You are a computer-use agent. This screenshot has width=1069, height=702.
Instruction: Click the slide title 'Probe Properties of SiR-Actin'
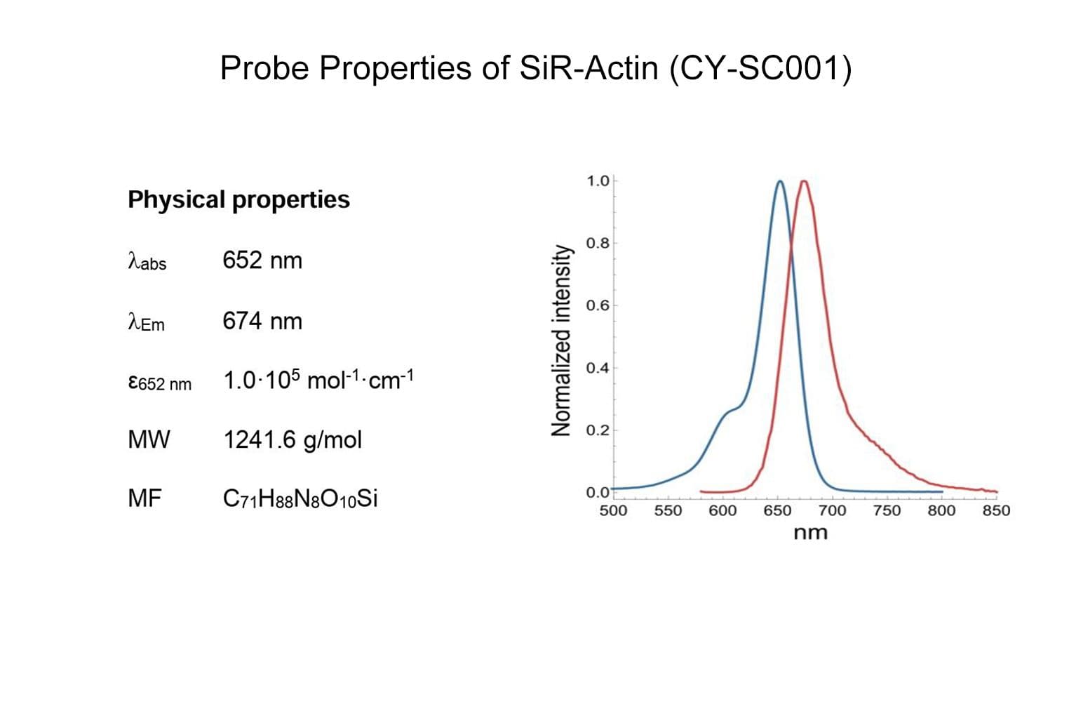pyautogui.click(x=536, y=69)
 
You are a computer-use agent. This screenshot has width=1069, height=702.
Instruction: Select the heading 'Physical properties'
pyautogui.click(x=238, y=199)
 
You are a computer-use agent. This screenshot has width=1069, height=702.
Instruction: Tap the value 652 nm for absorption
pyautogui.click(x=262, y=260)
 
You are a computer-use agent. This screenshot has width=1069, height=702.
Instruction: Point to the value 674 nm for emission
pyautogui.click(x=262, y=321)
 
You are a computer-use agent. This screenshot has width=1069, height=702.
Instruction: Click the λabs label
pyautogui.click(x=147, y=262)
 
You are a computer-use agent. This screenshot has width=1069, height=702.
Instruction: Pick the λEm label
pyautogui.click(x=147, y=322)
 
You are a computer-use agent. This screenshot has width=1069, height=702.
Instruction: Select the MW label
pyautogui.click(x=149, y=439)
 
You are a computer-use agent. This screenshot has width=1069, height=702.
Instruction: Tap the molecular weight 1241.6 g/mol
pyautogui.click(x=293, y=440)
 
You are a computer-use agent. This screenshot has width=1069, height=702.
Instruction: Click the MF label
pyautogui.click(x=144, y=498)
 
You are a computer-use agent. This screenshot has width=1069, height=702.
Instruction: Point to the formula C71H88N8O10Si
pyautogui.click(x=300, y=499)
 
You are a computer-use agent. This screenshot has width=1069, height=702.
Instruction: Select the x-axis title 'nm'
pyautogui.click(x=810, y=533)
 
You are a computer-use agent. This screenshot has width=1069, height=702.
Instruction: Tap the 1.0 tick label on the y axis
pyautogui.click(x=598, y=181)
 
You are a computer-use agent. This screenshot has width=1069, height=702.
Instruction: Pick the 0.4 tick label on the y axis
pyautogui.click(x=598, y=368)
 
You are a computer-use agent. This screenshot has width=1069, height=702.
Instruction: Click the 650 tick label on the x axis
pyautogui.click(x=777, y=511)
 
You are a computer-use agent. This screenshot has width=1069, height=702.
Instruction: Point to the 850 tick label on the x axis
pyautogui.click(x=996, y=511)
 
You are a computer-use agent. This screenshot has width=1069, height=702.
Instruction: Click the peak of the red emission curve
pyautogui.click(x=804, y=182)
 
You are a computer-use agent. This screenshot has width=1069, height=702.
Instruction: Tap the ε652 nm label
pyautogui.click(x=159, y=383)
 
